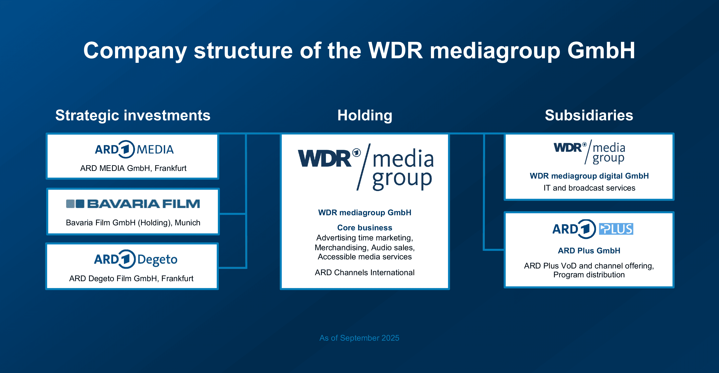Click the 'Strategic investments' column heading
[133, 115]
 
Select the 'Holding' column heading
[365, 115]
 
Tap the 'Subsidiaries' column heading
[589, 115]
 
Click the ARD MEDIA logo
[134, 149]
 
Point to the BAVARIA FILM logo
[133, 204]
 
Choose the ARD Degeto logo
[136, 259]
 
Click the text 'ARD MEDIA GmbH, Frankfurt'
[133, 168]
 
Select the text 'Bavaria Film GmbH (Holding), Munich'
[133, 222]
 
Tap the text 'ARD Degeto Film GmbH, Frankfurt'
[131, 278]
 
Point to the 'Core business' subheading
[365, 227]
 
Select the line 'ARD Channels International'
[365, 272]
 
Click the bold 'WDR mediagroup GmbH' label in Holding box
[365, 212]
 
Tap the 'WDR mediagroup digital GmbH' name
[589, 176]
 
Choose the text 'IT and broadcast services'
[589, 188]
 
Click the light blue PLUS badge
[616, 229]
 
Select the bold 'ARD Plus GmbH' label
[589, 251]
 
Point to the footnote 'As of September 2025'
[359, 338]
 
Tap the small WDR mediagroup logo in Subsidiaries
[589, 152]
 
